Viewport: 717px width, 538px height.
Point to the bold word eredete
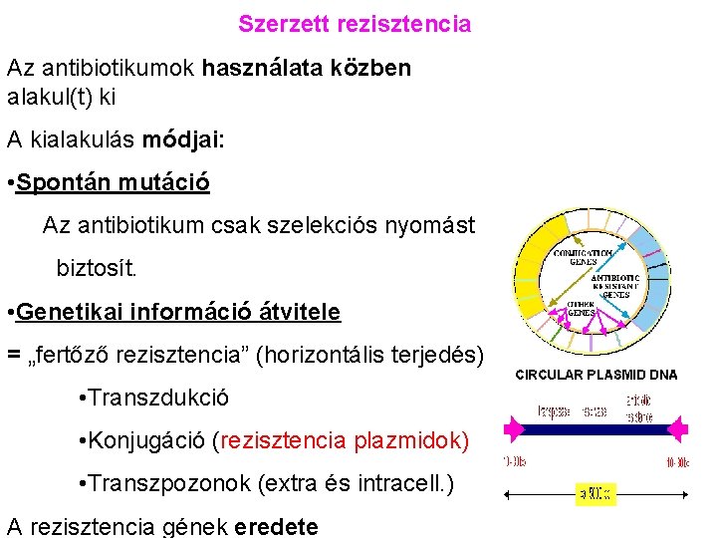coord(276,527)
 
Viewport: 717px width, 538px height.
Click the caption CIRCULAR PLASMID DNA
coord(596,376)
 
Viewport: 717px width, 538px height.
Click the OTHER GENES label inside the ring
coord(582,308)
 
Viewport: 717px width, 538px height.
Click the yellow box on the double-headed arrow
coord(596,493)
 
